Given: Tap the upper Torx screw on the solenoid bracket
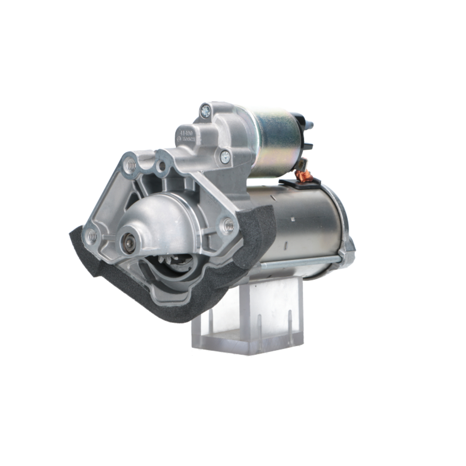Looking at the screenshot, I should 205,111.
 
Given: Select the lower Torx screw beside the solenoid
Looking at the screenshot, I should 225,157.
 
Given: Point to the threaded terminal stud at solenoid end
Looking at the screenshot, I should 309,126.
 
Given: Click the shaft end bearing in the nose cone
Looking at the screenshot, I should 127,243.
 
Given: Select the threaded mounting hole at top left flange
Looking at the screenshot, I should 131,164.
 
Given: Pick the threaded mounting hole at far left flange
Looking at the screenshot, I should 92,236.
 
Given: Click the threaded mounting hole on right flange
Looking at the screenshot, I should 228,226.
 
